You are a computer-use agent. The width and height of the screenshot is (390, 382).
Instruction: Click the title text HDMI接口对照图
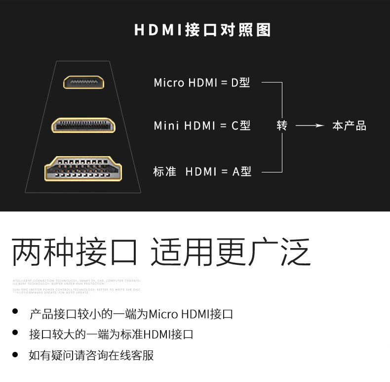click(202, 30)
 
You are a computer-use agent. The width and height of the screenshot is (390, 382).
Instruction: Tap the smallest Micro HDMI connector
click(83, 82)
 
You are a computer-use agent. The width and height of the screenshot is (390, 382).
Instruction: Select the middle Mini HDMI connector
click(83, 125)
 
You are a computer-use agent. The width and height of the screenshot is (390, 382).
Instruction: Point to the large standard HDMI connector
click(83, 169)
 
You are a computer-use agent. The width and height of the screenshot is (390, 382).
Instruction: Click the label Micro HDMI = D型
click(202, 83)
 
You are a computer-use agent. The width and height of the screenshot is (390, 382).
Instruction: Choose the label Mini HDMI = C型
click(202, 126)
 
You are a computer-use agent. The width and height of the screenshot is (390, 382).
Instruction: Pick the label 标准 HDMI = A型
click(202, 171)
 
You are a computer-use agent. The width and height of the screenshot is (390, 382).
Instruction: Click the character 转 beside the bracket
click(282, 126)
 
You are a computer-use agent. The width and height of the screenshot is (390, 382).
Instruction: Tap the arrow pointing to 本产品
click(310, 126)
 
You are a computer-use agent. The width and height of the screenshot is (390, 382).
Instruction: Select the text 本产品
click(349, 126)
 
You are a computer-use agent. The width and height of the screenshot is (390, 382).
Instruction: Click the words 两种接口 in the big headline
click(74, 252)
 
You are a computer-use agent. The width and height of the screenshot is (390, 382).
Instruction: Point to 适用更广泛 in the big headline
click(231, 252)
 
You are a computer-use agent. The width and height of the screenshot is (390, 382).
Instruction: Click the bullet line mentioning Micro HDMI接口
click(131, 314)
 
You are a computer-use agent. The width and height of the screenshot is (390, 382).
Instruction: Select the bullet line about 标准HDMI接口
click(111, 335)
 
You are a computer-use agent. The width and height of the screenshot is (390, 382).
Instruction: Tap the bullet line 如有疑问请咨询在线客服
click(91, 355)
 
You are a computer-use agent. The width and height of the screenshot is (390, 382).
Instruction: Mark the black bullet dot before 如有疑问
click(15, 354)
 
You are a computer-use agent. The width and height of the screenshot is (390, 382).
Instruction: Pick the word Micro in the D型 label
click(169, 83)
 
